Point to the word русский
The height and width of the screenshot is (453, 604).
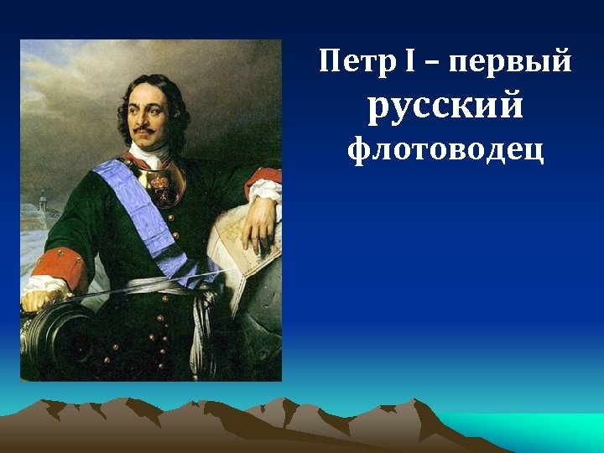[445, 106]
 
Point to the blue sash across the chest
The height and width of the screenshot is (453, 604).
[134, 201]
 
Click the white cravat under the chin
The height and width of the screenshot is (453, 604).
[148, 154]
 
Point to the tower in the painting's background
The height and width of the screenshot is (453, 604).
[43, 206]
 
